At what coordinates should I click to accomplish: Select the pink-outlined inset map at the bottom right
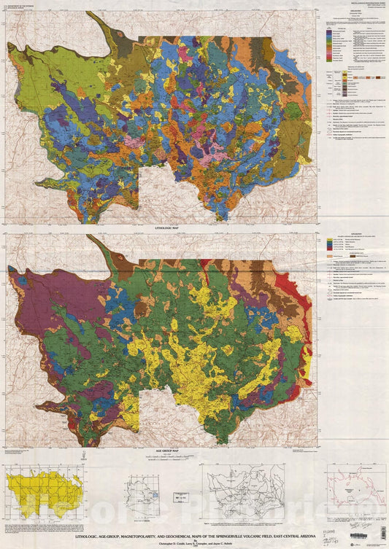coord(353,488)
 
